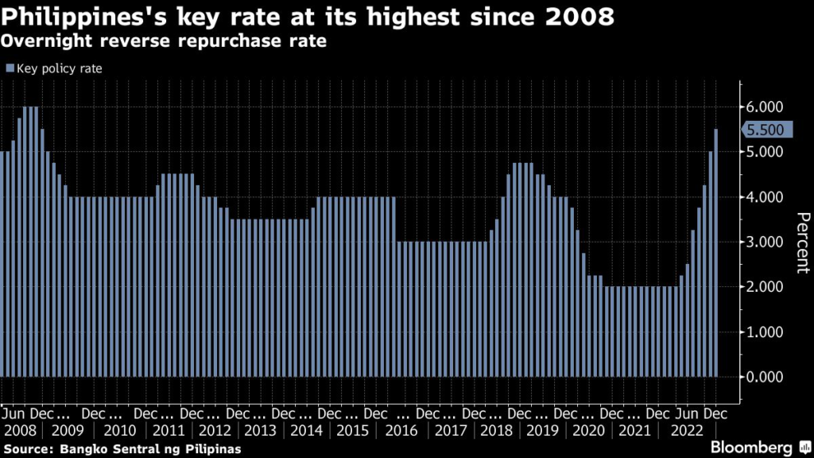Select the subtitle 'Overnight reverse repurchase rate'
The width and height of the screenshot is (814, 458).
[166, 41]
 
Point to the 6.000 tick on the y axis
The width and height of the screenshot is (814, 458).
[764, 107]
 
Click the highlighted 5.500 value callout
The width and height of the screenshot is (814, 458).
[765, 130]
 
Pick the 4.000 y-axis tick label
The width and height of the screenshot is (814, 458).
[764, 197]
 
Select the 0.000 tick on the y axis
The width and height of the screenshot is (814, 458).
[764, 377]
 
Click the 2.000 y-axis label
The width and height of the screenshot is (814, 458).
[764, 287]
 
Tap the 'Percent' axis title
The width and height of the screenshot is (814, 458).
[803, 243]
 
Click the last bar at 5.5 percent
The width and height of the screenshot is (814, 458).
[716, 252]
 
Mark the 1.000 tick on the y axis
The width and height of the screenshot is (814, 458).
[764, 332]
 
